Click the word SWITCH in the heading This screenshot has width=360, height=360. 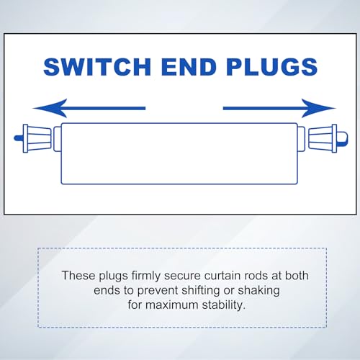pyautogui.click(x=97, y=67)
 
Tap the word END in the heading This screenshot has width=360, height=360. pyautogui.click(x=189, y=67)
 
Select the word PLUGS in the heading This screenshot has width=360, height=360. pyautogui.click(x=272, y=67)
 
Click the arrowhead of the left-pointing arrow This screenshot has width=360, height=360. pyautogui.click(x=50, y=108)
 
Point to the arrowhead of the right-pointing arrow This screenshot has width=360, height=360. pyautogui.click(x=318, y=108)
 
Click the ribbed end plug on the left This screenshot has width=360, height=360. pyautogui.click(x=37, y=138)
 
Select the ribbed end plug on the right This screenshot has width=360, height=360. pyautogui.click(x=323, y=138)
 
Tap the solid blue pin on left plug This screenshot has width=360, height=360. pyautogui.click(x=19, y=138)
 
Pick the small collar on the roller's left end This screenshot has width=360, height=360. pyautogui.click(x=57, y=139)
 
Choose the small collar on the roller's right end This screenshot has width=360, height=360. pyautogui.click(x=302, y=139)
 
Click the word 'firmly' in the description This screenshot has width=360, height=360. pyautogui.click(x=146, y=276)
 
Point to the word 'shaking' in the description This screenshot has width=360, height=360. pyautogui.click(x=258, y=291)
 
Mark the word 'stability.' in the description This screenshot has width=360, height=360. pyautogui.click(x=224, y=305)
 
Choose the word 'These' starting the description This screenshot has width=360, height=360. pyautogui.click(x=78, y=276)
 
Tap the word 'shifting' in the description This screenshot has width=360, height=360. pyautogui.click(x=201, y=291)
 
